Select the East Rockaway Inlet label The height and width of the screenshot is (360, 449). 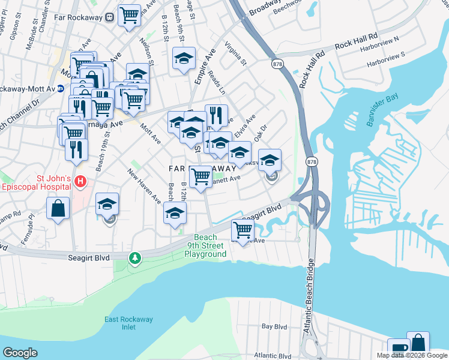click(128, 323)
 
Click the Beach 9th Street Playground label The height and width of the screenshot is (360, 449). click(205, 245)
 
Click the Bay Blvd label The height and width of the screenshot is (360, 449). click(275, 327)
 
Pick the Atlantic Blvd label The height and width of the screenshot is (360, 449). click(274, 355)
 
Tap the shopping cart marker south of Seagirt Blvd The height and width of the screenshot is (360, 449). click(243, 230)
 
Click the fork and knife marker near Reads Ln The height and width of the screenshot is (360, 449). click(216, 115)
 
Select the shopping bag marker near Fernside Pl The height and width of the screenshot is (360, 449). click(58, 209)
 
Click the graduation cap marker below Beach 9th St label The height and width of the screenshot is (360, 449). click(184, 58)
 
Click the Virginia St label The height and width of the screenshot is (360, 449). click(234, 53)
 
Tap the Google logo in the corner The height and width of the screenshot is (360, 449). click(20, 353)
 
